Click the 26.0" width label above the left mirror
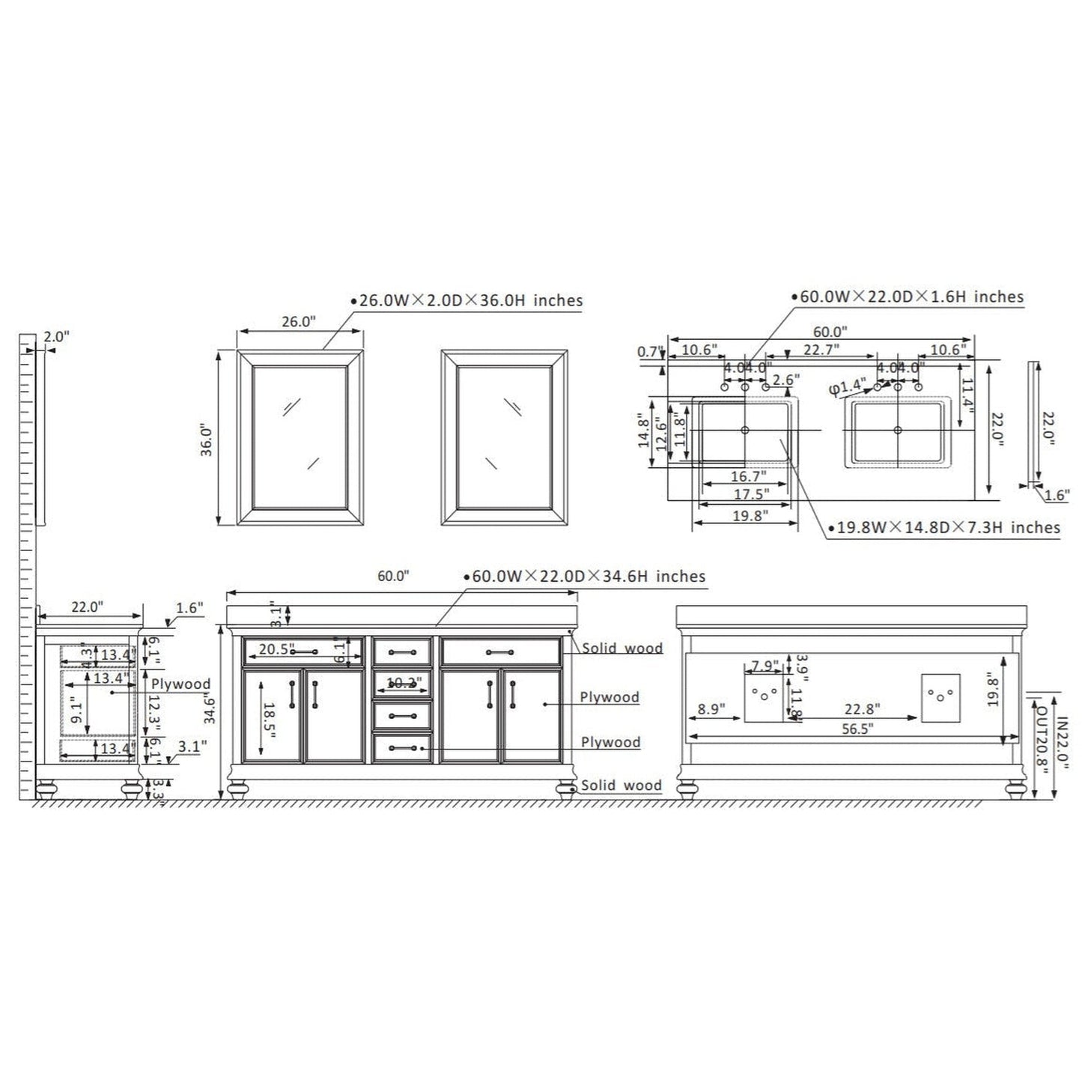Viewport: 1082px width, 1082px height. click(x=298, y=322)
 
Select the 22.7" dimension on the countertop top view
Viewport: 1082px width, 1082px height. click(x=821, y=349)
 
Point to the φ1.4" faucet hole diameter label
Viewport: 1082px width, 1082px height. click(x=846, y=387)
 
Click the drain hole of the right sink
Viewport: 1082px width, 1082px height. click(x=898, y=430)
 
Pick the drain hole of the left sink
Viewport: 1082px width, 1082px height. click(x=744, y=430)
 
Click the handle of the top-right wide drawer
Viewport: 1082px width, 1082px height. click(x=499, y=652)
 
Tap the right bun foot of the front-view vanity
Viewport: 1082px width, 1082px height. click(x=566, y=789)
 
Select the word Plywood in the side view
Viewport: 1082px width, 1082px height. click(x=180, y=684)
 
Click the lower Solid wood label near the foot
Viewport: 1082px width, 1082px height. click(x=621, y=785)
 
